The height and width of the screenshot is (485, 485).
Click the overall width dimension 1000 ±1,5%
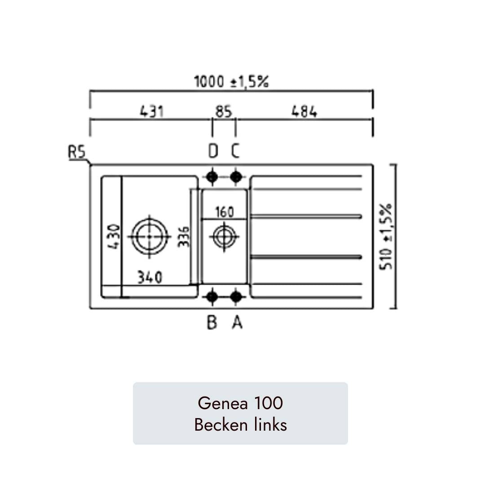pyautogui.click(x=231, y=82)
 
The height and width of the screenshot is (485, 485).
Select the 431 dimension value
pyautogui.click(x=152, y=111)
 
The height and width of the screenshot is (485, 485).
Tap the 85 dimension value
pyautogui.click(x=224, y=111)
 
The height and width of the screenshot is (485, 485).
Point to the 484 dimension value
pyautogui.click(x=304, y=111)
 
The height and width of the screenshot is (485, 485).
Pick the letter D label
pyautogui.click(x=213, y=152)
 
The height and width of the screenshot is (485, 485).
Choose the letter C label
pyautogui.click(x=236, y=152)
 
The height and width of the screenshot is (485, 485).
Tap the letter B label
pyautogui.click(x=212, y=322)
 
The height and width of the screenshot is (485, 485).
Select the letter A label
pyautogui.click(x=237, y=322)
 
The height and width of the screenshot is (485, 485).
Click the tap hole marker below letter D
pyautogui.click(x=212, y=177)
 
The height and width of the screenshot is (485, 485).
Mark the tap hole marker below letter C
pyautogui.click(x=236, y=177)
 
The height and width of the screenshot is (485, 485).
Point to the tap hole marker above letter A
pyautogui.click(x=236, y=296)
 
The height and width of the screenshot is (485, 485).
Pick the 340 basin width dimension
pyautogui.click(x=150, y=278)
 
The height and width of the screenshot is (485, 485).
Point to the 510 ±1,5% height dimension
pyautogui.click(x=386, y=237)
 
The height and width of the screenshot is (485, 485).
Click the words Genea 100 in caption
pyautogui.click(x=240, y=403)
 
